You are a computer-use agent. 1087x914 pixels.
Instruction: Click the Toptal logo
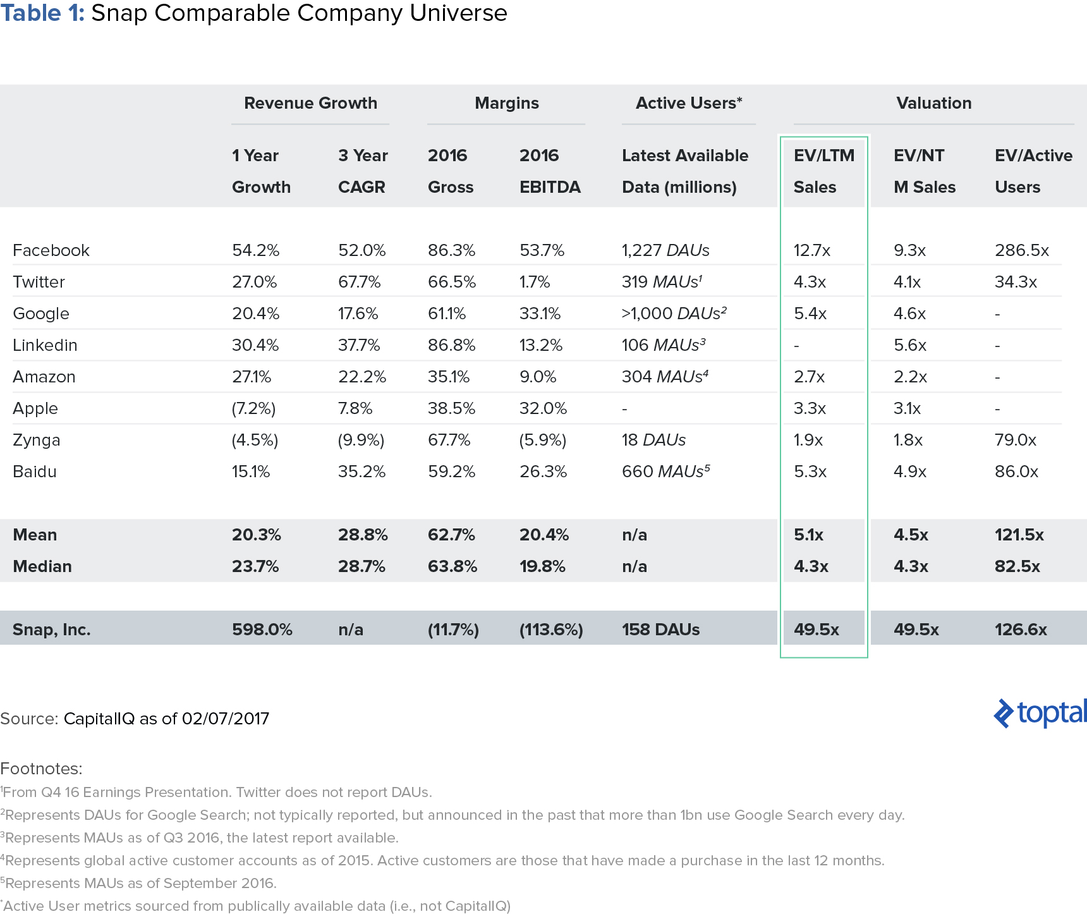coord(1040,712)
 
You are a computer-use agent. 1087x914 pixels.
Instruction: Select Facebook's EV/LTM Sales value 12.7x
coord(812,250)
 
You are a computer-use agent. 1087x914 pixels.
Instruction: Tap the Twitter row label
coord(39,282)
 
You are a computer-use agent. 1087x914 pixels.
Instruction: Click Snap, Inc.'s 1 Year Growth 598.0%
coord(262,630)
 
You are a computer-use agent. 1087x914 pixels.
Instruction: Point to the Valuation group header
coord(934,103)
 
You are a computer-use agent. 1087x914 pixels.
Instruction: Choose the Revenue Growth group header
coord(310,103)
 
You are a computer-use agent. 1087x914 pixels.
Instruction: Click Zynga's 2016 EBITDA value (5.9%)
coord(543,440)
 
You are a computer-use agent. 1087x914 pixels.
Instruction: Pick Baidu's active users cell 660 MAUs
coord(666,472)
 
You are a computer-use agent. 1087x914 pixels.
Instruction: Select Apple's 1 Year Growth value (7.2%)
coord(253,408)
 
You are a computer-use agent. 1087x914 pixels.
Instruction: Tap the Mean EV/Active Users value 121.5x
coord(1019,535)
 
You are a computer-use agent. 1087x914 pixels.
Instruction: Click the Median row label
coord(42,566)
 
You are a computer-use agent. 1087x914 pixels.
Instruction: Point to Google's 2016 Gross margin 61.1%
coord(447,314)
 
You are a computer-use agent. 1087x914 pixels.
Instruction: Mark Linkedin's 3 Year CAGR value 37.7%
coord(359,345)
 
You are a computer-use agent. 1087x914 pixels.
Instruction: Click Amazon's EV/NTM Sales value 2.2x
coord(910,377)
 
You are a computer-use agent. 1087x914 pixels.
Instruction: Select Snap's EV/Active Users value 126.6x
coord(1021,630)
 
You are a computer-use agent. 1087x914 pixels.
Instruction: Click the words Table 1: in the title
coord(42,13)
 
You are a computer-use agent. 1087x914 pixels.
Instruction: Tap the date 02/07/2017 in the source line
coord(226,719)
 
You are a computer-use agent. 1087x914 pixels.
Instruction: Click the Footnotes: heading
coord(41,769)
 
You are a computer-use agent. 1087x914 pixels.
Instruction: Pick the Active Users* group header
coord(689,103)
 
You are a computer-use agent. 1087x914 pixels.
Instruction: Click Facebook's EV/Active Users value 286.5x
coord(1022,250)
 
